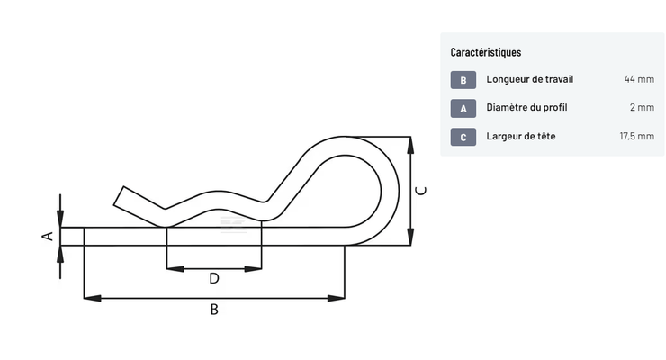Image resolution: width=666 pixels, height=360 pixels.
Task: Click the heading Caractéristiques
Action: click(485, 52)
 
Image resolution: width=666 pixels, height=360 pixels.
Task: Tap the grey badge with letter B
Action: click(463, 80)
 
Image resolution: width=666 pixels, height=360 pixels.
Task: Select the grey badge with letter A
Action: click(463, 108)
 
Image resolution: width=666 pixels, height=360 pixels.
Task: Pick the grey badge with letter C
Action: click(463, 137)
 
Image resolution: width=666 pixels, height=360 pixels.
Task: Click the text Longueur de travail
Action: click(530, 79)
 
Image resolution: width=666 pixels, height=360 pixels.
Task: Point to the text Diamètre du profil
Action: click(526, 108)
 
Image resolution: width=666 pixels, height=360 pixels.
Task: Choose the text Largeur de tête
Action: click(521, 136)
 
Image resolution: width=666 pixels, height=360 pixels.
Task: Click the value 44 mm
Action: click(639, 79)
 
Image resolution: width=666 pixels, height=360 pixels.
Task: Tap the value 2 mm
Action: click(642, 108)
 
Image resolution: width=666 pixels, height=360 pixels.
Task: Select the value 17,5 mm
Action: click(636, 136)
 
